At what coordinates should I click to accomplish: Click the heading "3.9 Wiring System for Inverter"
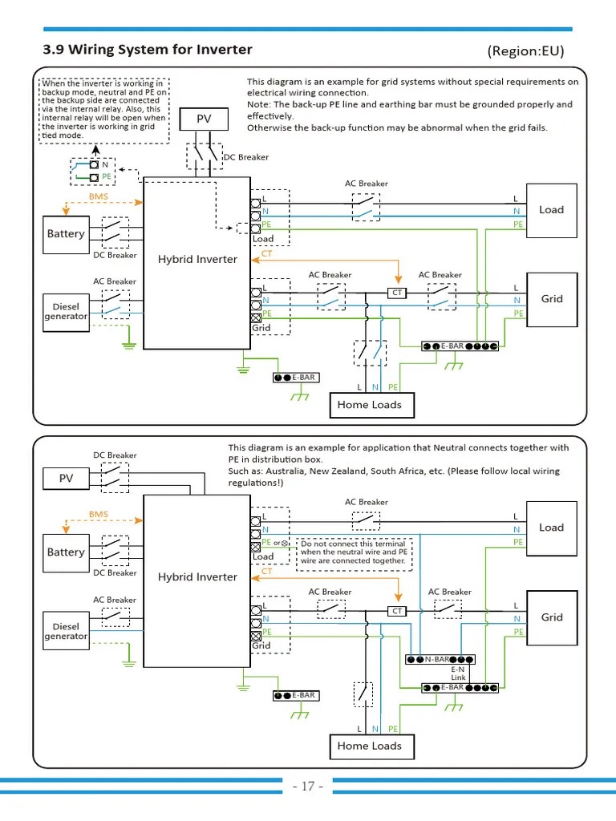coord(147,50)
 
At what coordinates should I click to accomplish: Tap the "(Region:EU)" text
coord(525,51)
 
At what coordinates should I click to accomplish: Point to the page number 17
coord(308,787)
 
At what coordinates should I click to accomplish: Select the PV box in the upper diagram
coord(204,119)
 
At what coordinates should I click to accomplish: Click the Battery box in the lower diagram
coord(66,552)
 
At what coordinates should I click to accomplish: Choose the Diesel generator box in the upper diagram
coord(66,311)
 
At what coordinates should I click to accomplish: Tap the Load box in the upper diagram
coord(551,210)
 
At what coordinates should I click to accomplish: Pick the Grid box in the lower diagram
coord(551,617)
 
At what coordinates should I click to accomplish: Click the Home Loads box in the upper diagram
coord(369,405)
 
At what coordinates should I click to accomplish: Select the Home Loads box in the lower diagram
coord(369,746)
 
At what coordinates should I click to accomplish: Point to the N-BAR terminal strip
coord(440,659)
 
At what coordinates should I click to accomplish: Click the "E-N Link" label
coord(458,673)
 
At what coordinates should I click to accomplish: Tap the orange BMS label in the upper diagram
coord(98,196)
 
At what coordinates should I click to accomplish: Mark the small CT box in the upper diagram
coord(397,293)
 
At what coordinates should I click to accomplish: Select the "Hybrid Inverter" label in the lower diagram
coord(197,577)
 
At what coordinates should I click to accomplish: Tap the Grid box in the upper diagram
coord(551,299)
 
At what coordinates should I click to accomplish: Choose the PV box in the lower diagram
coord(66,479)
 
